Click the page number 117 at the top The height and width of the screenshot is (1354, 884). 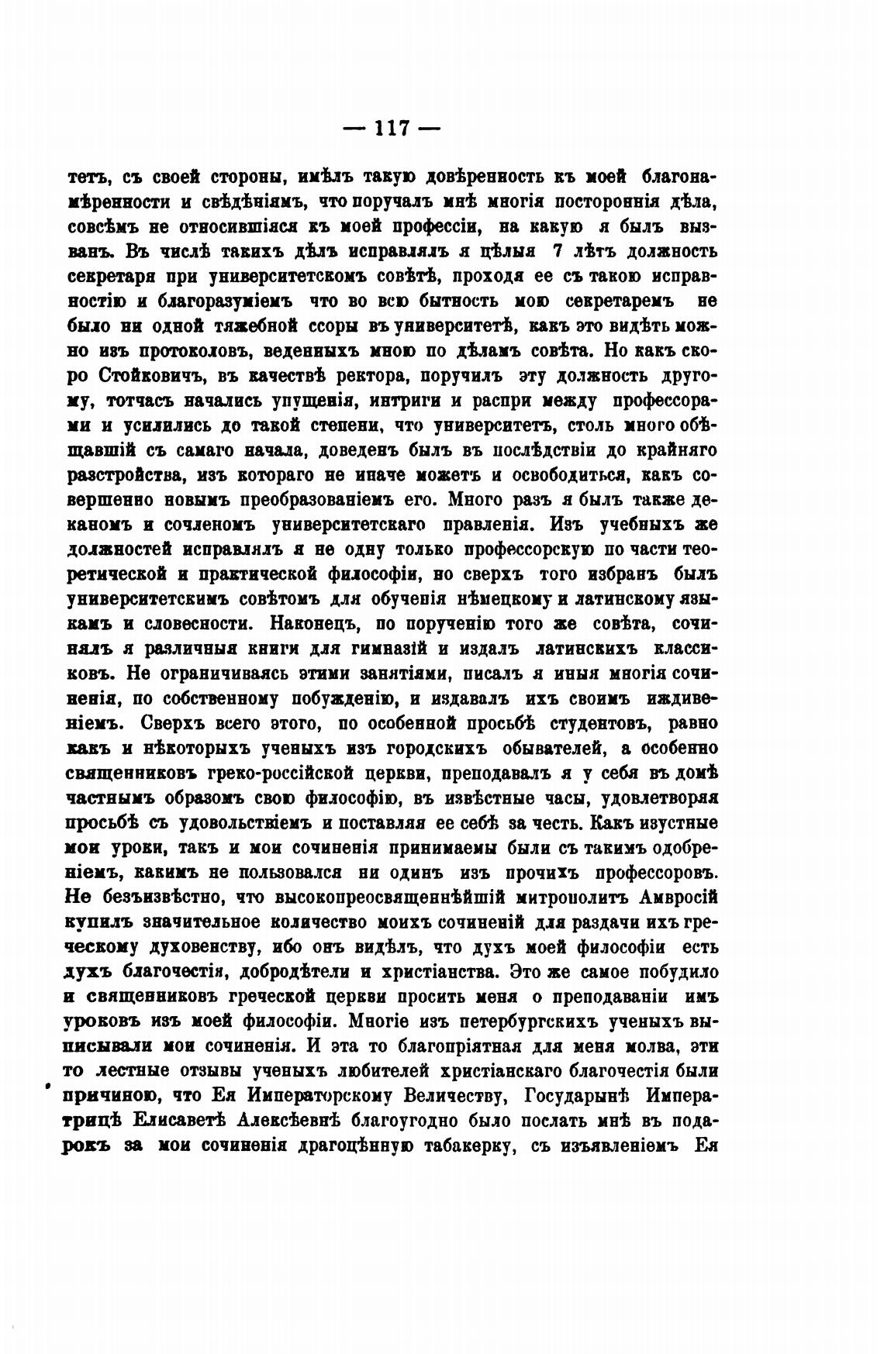point(392,128)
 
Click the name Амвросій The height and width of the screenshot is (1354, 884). point(679,897)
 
